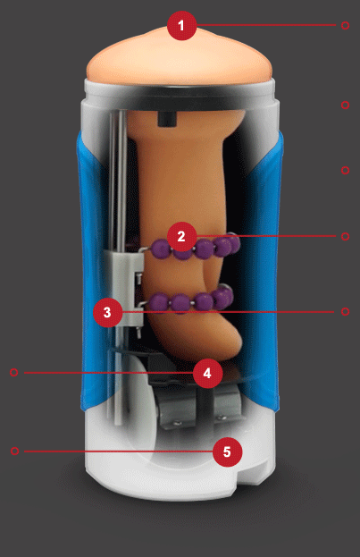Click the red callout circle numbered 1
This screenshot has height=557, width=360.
point(181,25)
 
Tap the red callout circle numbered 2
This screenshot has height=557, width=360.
point(181,236)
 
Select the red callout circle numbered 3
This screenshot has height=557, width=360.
point(107,313)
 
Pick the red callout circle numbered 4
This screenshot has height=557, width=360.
point(207,373)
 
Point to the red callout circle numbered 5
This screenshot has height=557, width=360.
point(227,452)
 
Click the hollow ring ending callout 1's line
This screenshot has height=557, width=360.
point(345,26)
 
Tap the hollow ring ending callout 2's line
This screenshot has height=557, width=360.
point(345,236)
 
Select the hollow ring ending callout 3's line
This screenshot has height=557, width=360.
point(345,311)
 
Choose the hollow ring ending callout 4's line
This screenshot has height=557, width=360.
point(14,372)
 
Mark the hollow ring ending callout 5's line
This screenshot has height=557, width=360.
point(14,451)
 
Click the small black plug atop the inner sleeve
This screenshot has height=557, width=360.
point(166,119)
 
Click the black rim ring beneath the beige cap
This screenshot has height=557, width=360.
point(180,98)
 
